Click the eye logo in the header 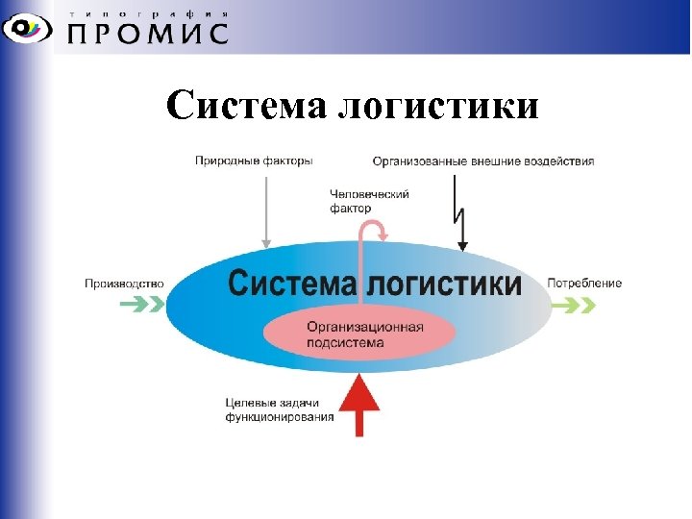point(30,28)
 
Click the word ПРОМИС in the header point(148,35)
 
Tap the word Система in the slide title point(247,106)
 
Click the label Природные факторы point(253,161)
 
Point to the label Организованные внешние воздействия point(482,161)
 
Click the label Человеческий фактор point(369,201)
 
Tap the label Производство point(124,284)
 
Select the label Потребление point(584,284)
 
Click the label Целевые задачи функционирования point(279,409)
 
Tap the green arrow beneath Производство point(140,306)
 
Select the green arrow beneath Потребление point(574,306)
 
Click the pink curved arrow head point(382,232)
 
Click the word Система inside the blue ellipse point(291,284)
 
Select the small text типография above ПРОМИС point(148,13)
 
